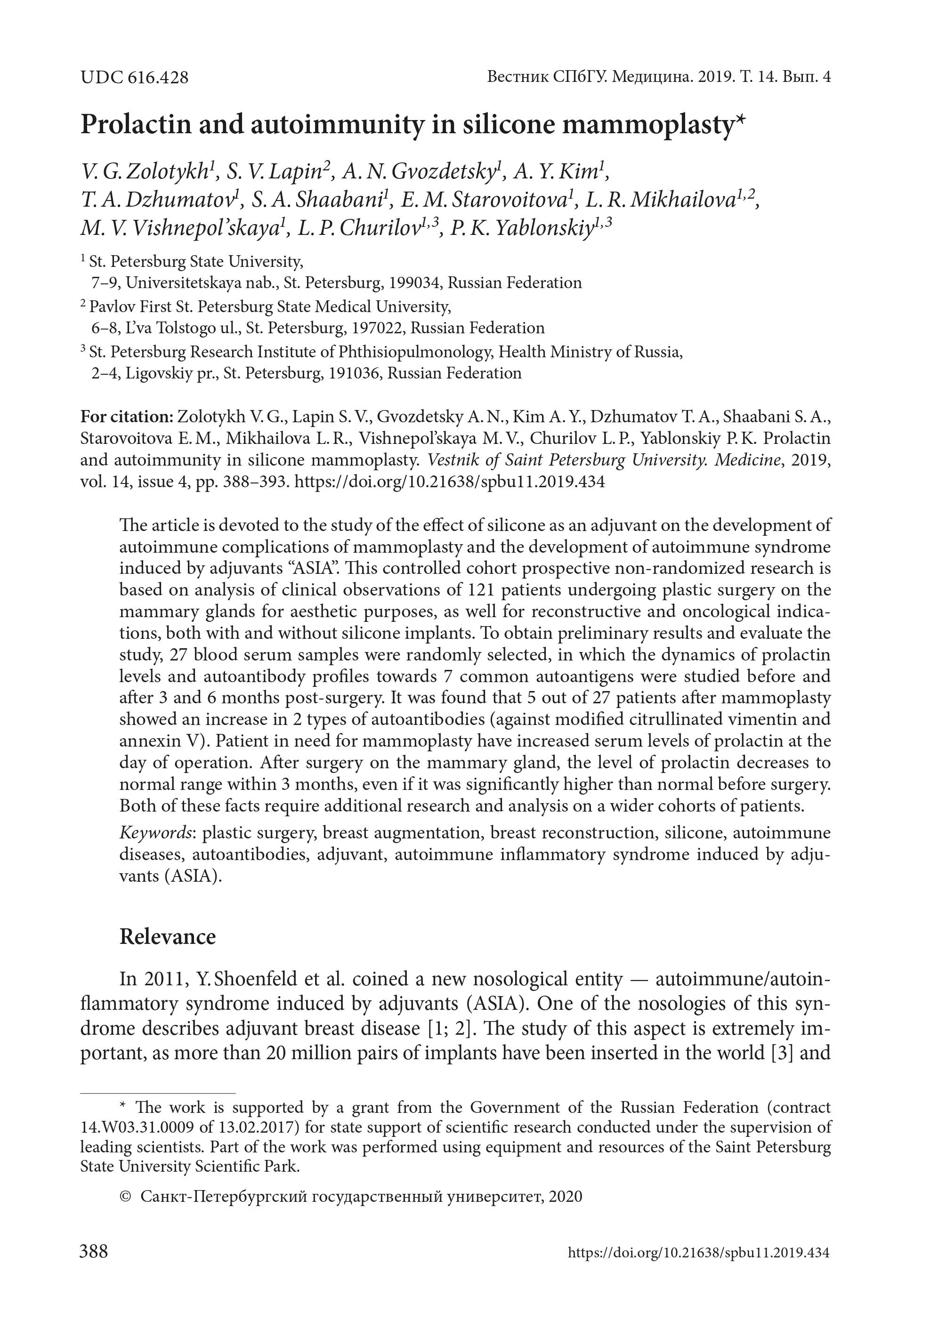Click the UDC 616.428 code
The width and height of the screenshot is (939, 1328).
tap(134, 78)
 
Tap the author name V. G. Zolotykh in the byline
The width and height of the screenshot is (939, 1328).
tap(146, 172)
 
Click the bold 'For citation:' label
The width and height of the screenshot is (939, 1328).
tap(127, 417)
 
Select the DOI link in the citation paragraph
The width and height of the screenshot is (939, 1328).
tap(450, 481)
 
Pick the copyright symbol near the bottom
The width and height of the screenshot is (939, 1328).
tap(124, 1197)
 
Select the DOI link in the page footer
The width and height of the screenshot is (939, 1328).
tap(698, 1253)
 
